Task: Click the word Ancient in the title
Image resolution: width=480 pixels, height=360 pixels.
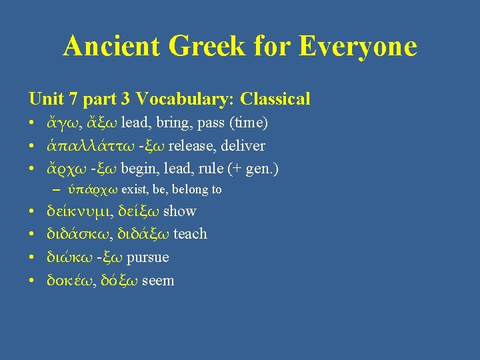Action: [111, 47]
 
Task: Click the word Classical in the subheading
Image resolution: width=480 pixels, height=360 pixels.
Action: [275, 99]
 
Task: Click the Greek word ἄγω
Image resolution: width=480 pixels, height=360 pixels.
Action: [59, 124]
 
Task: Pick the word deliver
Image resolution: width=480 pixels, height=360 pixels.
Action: [244, 146]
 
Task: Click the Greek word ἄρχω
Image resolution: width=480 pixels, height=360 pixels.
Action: [63, 169]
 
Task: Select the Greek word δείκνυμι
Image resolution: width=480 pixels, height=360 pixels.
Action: [73, 211]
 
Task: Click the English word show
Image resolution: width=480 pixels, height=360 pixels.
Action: [180, 211]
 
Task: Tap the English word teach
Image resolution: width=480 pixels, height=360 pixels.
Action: [190, 234]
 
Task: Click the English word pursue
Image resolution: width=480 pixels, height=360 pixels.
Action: [147, 257]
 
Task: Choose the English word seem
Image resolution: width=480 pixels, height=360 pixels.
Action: [158, 280]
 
